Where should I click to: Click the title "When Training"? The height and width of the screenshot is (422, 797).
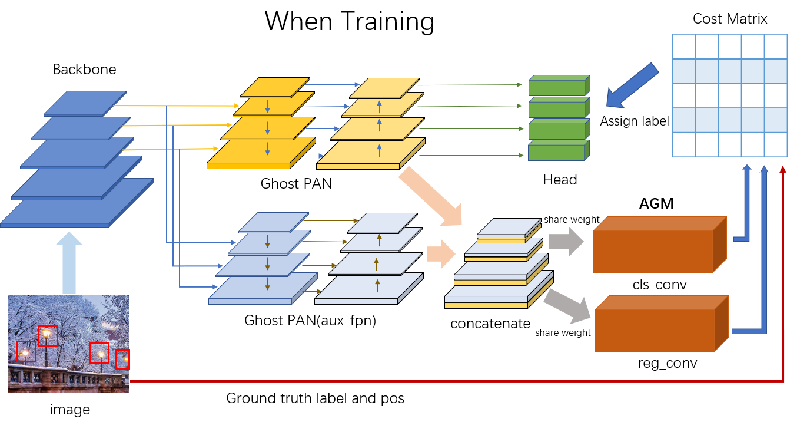pyautogui.click(x=350, y=21)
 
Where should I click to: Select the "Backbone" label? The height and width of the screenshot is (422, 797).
pyautogui.click(x=84, y=70)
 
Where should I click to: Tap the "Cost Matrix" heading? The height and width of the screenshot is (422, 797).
pyautogui.click(x=730, y=19)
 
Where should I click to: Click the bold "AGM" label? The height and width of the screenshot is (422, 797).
pyautogui.click(x=656, y=204)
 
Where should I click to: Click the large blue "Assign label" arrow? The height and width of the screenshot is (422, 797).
pyautogui.click(x=633, y=85)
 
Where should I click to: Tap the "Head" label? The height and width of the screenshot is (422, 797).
pyautogui.click(x=560, y=180)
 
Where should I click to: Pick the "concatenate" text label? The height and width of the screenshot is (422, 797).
pyautogui.click(x=490, y=324)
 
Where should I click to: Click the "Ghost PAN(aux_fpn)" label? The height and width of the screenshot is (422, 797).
pyautogui.click(x=310, y=321)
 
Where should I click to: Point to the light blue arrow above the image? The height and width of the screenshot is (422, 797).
pyautogui.click(x=70, y=262)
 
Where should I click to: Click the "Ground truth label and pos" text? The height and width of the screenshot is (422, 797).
pyautogui.click(x=316, y=398)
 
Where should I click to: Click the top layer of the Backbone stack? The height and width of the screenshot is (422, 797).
pyautogui.click(x=85, y=103)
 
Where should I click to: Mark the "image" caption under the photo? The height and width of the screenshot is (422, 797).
pyautogui.click(x=70, y=410)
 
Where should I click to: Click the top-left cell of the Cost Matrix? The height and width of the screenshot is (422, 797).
pyautogui.click(x=684, y=47)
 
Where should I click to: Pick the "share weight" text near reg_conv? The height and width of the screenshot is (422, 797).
pyautogui.click(x=563, y=333)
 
